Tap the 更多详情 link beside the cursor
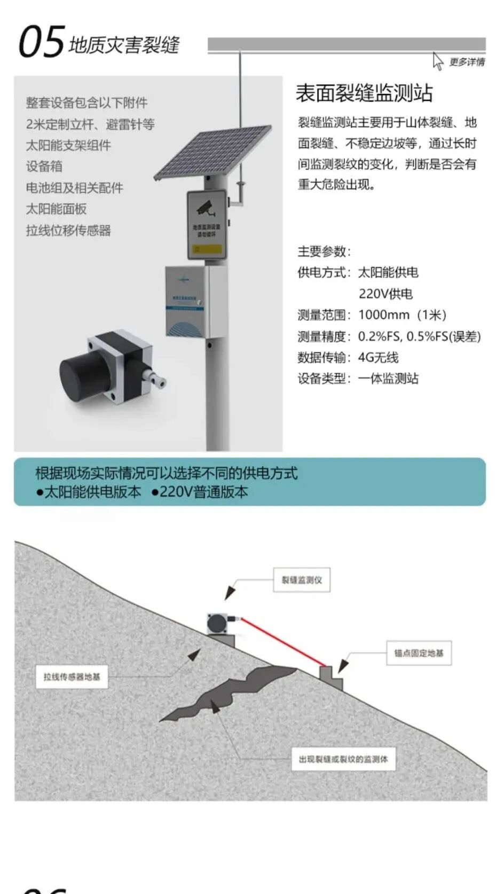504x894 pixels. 467,62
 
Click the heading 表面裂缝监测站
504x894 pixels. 364,93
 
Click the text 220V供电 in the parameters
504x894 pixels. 385,294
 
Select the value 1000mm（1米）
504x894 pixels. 402,315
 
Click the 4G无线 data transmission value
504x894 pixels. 378,357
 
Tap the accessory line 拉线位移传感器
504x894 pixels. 68,230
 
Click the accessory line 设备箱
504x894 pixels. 44,166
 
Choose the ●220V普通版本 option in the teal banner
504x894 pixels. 200,492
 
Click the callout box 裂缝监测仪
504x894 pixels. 302,580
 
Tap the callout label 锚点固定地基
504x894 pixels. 419,653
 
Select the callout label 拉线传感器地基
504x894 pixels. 72,676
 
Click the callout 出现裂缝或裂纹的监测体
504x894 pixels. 343,759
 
